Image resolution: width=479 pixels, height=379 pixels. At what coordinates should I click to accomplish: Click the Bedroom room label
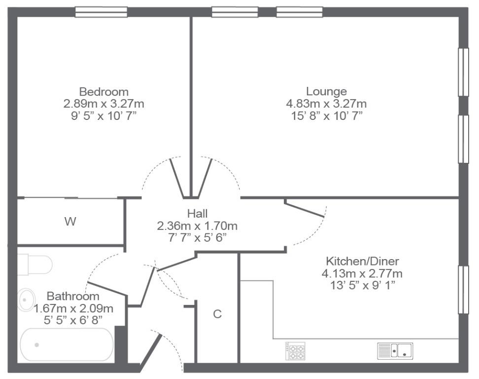104,92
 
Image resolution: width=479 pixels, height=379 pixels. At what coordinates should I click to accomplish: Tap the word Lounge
326,92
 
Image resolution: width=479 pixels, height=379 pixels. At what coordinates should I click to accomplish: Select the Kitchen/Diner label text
362,261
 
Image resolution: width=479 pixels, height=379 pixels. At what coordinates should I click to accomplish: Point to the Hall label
197,214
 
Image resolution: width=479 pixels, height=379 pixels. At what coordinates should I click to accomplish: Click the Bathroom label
73,297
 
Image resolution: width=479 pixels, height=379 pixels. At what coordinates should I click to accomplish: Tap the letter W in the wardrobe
70,222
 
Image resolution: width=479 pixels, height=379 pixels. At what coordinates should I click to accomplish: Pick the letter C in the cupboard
217,314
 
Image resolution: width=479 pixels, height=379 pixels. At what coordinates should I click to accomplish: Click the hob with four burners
295,350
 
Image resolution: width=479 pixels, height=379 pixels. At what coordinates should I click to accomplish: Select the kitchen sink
395,351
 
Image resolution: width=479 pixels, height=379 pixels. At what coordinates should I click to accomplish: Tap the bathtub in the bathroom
67,345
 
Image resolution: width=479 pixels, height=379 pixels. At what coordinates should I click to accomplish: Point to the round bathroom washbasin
27,300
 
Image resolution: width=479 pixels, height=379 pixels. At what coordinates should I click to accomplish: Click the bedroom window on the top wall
101,12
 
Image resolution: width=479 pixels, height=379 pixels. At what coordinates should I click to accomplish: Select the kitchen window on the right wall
463,290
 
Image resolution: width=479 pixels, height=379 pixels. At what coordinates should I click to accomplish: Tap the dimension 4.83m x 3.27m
326,104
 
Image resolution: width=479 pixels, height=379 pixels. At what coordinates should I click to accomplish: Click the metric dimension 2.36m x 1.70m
197,226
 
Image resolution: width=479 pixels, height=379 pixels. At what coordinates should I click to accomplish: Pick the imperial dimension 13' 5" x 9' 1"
362,285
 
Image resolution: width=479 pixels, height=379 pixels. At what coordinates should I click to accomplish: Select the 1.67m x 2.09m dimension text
73,308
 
